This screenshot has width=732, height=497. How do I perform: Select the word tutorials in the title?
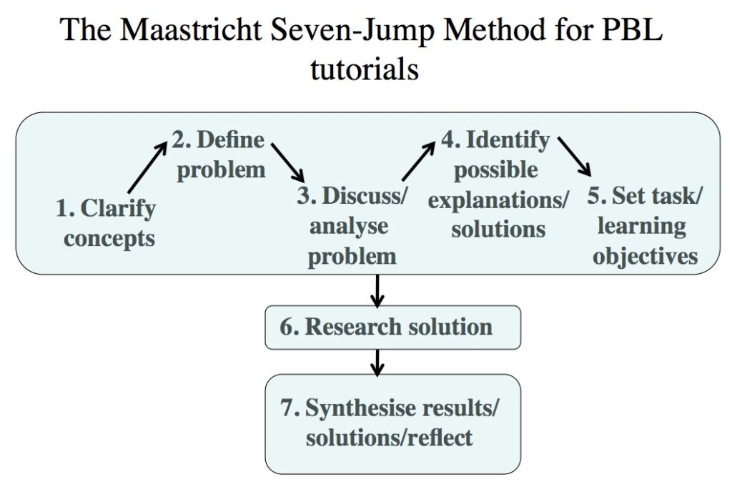pos(365,70)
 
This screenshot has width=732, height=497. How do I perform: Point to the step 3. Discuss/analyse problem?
pos(352,225)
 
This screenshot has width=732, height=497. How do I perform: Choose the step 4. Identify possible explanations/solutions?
pos(498,184)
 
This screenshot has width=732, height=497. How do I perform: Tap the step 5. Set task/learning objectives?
pos(645,225)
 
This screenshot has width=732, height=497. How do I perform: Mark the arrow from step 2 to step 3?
pos(287,162)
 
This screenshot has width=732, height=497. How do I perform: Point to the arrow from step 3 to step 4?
pos(418,160)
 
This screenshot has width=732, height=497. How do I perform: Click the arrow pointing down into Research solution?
pos(377,289)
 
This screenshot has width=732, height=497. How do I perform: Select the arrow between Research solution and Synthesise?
pos(377,362)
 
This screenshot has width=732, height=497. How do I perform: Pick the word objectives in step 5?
pos(645,255)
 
